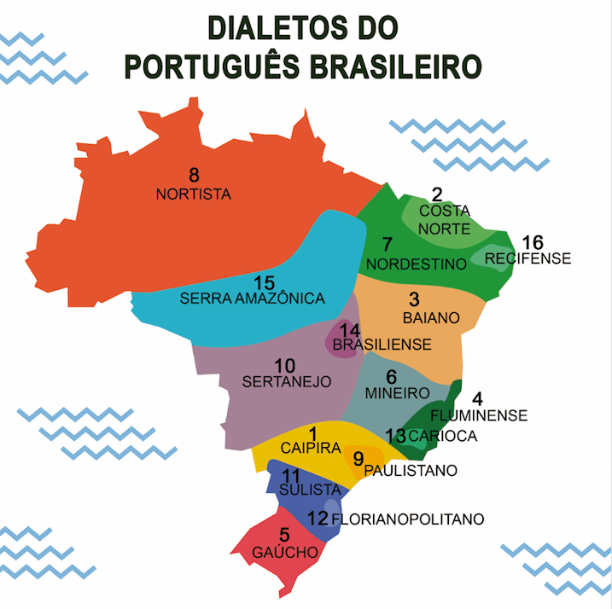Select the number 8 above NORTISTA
pos(195,177)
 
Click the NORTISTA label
pos(194,194)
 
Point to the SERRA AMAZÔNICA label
pos(253,299)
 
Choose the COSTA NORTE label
pos(445,219)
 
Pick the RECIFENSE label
pos(527,258)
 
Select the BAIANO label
pos(431,317)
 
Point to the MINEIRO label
pos(396,393)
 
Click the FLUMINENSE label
pos(479,416)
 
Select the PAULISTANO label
pos(411,470)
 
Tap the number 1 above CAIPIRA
pos(312,433)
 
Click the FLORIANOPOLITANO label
pos(407,519)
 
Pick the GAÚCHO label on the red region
pos(285,553)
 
